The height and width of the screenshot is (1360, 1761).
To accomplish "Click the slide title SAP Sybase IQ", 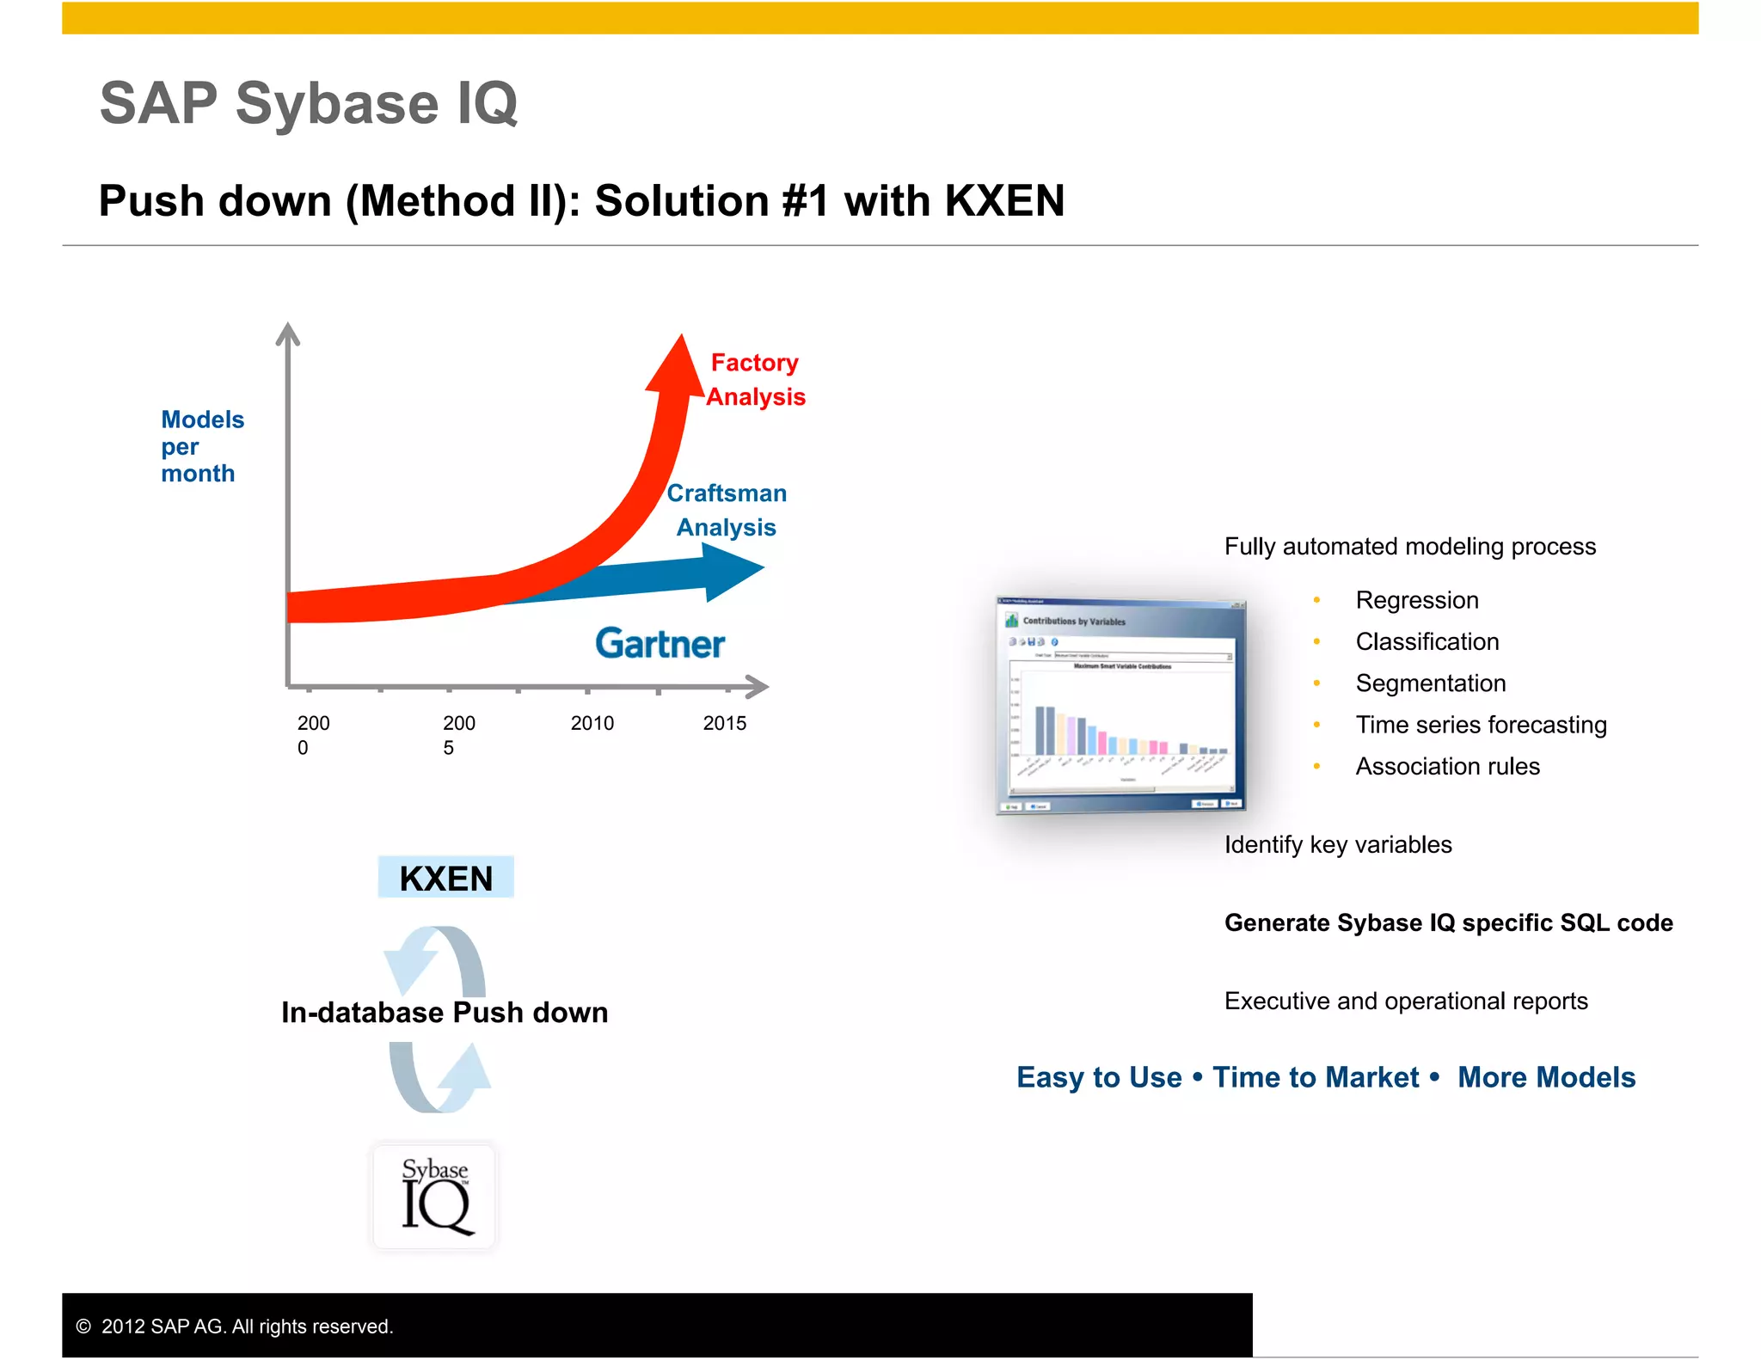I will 309,104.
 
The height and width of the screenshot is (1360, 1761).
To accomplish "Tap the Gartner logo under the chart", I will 660,644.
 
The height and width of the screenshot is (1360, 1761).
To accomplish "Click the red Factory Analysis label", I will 755,380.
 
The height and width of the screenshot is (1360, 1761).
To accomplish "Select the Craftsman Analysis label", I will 727,510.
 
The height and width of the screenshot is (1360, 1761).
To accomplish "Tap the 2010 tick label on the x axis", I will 592,723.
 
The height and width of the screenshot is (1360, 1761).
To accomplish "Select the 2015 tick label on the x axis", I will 725,723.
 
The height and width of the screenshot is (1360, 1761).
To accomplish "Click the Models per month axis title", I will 202,446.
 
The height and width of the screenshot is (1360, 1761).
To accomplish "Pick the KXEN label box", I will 446,878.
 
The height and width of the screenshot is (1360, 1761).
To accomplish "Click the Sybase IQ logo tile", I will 435,1196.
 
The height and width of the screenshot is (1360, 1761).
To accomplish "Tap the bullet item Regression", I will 1417,600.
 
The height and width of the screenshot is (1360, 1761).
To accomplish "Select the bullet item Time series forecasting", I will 1481,725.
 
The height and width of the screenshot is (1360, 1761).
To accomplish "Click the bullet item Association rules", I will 1447,766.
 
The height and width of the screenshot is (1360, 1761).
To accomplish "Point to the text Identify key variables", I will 1338,844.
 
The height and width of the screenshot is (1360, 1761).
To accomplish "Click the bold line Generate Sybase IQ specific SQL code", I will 1448,922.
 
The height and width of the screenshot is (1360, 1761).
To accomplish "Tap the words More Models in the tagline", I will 1546,1077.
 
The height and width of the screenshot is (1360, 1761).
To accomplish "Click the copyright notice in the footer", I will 235,1326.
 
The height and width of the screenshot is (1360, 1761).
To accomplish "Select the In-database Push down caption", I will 445,1013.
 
